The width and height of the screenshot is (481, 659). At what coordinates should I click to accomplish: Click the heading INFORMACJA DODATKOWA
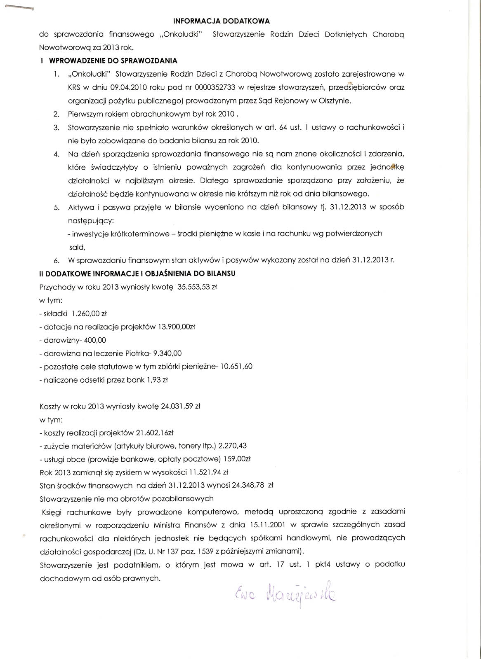click(x=221, y=20)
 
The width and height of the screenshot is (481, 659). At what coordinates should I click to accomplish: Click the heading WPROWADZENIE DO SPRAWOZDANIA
click(x=113, y=61)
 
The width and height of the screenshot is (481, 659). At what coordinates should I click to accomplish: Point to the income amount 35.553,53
click(x=193, y=287)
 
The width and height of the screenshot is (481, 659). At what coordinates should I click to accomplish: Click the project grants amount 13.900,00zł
click(x=176, y=327)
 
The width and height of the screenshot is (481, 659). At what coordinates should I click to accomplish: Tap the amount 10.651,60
click(x=236, y=367)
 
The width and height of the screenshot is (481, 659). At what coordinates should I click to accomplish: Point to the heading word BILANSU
click(x=222, y=273)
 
